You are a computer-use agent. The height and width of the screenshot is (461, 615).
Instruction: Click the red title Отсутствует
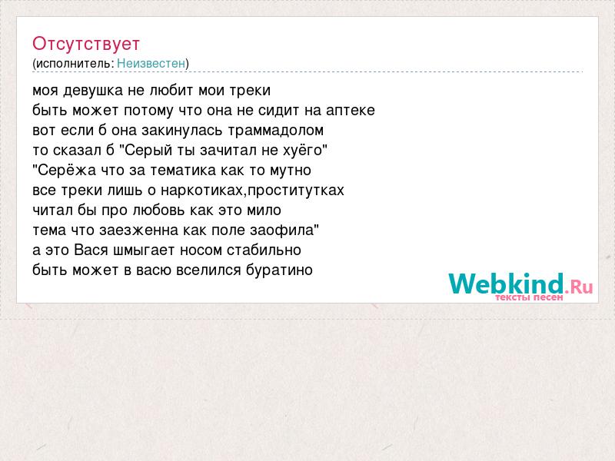pyautogui.click(x=86, y=44)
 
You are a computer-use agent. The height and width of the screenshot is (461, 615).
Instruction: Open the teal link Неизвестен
pyautogui.click(x=151, y=63)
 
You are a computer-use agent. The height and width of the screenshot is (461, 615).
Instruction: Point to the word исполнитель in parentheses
pyautogui.click(x=75, y=63)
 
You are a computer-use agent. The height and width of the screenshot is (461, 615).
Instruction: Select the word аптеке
pyautogui.click(x=351, y=111)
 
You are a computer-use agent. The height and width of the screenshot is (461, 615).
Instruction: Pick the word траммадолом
pyautogui.click(x=276, y=131)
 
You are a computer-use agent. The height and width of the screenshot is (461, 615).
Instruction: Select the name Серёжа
pyautogui.click(x=67, y=170)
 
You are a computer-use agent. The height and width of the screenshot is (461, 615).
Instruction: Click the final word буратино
pyautogui.click(x=279, y=270)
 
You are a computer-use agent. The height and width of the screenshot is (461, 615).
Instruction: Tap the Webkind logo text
pyautogui.click(x=520, y=284)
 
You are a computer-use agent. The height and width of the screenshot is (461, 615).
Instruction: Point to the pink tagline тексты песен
pyautogui.click(x=529, y=297)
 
